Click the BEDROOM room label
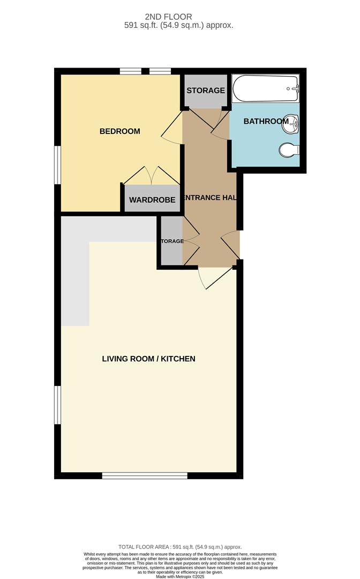[x=119, y=131]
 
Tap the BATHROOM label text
[x=266, y=122]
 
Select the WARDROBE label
[x=152, y=200]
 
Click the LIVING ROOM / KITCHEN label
[x=148, y=359]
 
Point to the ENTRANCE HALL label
[x=210, y=198]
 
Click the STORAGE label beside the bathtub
[x=205, y=91]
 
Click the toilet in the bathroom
[x=288, y=150]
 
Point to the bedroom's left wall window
[x=57, y=165]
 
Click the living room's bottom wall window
[x=145, y=475]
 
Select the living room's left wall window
[x=57, y=405]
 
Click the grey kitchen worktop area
[x=75, y=268]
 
